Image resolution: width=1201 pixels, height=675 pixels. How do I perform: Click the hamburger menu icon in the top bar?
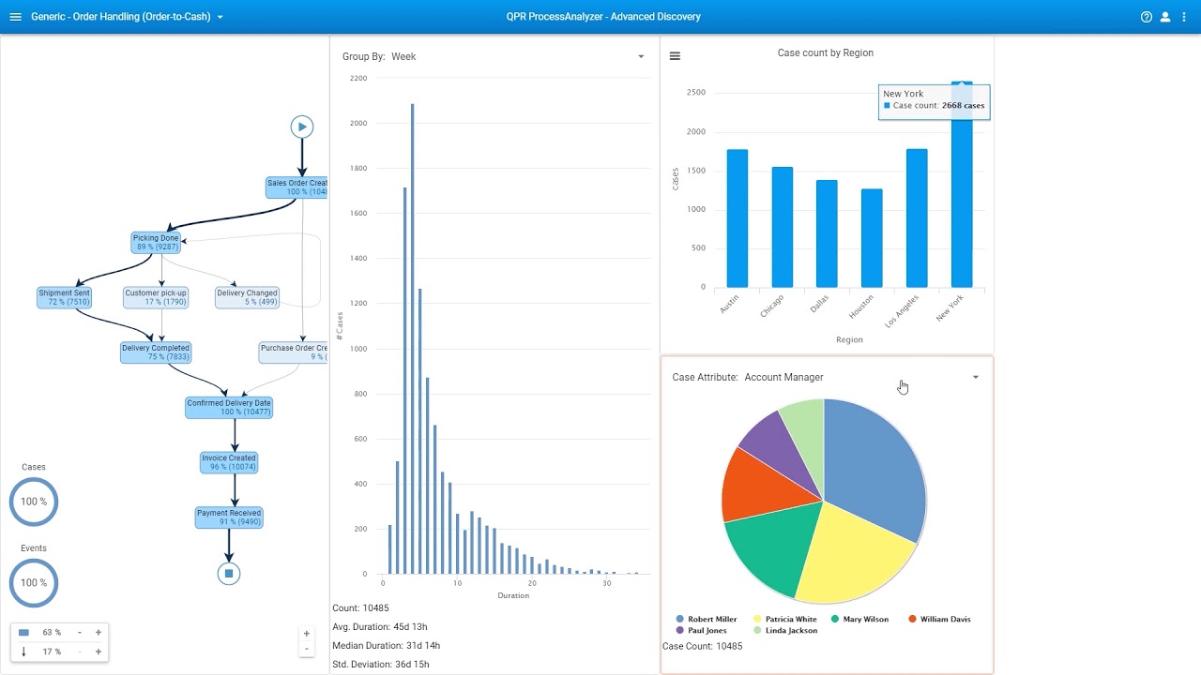pyautogui.click(x=15, y=17)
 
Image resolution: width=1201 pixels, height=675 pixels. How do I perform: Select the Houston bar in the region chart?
pyautogui.click(x=872, y=238)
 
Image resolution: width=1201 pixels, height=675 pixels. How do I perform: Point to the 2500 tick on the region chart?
pyautogui.click(x=695, y=92)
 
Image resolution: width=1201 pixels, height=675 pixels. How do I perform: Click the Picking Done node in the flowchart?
pyautogui.click(x=155, y=243)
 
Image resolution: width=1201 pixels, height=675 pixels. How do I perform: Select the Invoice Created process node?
pyautogui.click(x=228, y=462)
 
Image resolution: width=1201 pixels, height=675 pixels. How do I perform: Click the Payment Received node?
pyautogui.click(x=228, y=517)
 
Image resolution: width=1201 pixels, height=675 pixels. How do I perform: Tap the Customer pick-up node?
pyautogui.click(x=156, y=298)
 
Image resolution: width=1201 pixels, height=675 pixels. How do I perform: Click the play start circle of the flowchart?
pyautogui.click(x=301, y=127)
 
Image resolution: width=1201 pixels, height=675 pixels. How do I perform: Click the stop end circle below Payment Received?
pyautogui.click(x=229, y=574)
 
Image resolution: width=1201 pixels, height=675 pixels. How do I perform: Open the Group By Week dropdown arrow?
pyautogui.click(x=641, y=56)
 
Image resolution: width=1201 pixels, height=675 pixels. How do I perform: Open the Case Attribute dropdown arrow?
pyautogui.click(x=975, y=378)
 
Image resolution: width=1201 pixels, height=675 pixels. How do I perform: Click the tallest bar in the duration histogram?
pyautogui.click(x=412, y=337)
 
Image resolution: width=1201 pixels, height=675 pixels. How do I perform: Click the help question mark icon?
pyautogui.click(x=1146, y=17)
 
